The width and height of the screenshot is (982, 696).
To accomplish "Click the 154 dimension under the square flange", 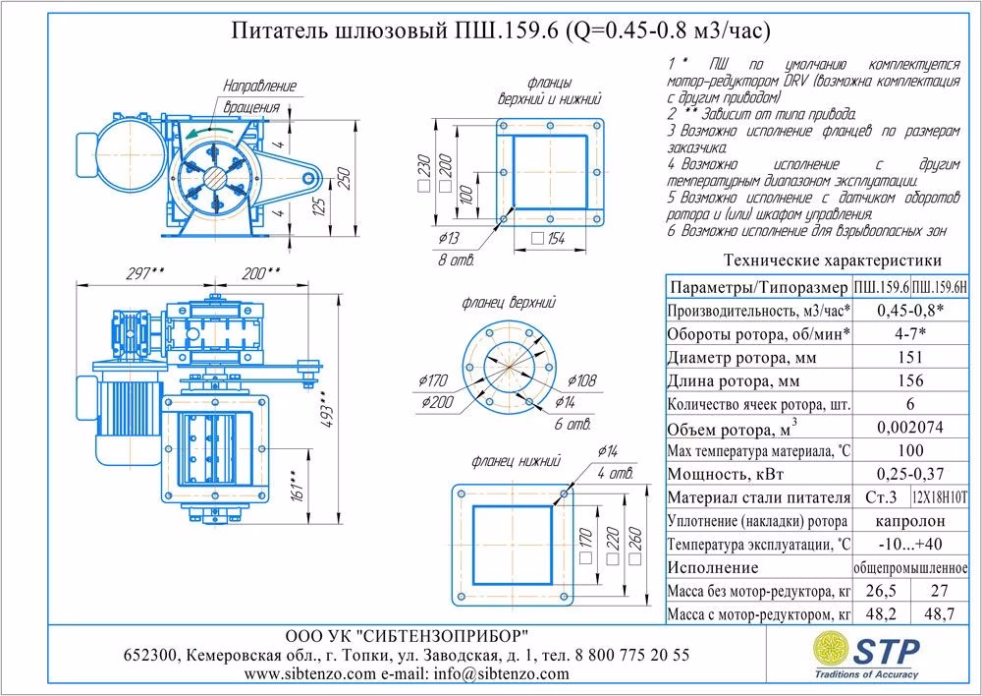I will (557, 238).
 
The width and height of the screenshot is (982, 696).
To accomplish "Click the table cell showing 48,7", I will (941, 614).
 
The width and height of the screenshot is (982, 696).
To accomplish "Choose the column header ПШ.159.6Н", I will (941, 287).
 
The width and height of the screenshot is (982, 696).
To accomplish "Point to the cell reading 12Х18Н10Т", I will (941, 497).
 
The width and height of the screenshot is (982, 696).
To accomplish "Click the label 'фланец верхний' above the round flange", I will (509, 303).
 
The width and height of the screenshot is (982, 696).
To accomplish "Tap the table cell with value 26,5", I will (881, 592).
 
